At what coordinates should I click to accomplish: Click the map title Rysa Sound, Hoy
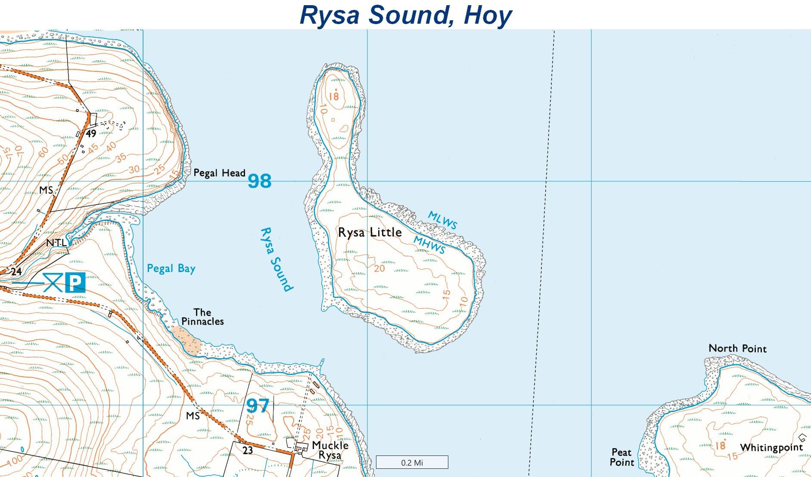click(x=405, y=15)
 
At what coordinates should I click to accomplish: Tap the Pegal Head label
click(x=219, y=173)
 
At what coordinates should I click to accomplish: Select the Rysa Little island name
click(x=370, y=232)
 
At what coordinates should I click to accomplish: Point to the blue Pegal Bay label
click(x=171, y=269)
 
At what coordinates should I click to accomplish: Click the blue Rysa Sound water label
click(x=276, y=260)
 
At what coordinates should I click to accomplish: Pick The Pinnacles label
click(x=202, y=317)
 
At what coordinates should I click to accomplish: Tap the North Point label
click(x=737, y=348)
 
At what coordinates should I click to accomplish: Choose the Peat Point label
click(x=622, y=457)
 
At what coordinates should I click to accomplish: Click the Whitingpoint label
click(x=771, y=448)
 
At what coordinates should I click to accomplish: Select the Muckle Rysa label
click(x=330, y=450)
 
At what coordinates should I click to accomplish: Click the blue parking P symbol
click(x=75, y=282)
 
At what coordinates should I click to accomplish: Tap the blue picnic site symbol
click(x=53, y=282)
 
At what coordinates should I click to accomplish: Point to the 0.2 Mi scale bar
click(x=412, y=462)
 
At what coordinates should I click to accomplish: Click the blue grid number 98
click(x=260, y=181)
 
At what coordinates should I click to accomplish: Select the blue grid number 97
click(x=258, y=406)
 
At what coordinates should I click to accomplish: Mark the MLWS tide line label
click(x=442, y=220)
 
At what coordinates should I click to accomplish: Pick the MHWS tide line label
click(x=429, y=245)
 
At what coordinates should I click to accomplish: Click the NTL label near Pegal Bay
click(x=56, y=243)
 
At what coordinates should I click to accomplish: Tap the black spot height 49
click(x=91, y=133)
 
